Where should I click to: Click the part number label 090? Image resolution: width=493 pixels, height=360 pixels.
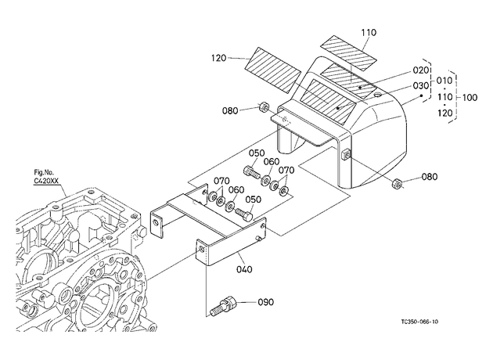click(266, 302)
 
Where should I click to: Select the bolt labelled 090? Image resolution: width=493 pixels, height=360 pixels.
click(224, 306)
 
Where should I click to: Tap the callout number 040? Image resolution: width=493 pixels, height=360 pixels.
click(244, 269)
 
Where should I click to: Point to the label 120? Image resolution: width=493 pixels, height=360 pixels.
click(218, 58)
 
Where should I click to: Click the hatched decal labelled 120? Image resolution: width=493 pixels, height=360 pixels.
click(273, 70)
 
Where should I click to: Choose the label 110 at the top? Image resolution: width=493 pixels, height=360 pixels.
click(369, 33)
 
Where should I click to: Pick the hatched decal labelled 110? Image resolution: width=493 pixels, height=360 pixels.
click(348, 52)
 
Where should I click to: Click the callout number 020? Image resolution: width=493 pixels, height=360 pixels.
click(421, 70)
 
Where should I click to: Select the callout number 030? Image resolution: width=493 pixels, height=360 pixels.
click(421, 86)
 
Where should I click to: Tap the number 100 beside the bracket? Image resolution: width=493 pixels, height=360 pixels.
click(470, 98)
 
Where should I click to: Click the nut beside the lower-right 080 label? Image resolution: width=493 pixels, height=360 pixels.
click(397, 183)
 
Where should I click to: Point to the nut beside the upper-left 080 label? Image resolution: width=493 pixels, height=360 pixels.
click(264, 107)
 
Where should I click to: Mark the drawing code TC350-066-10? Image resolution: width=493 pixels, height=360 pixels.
click(419, 322)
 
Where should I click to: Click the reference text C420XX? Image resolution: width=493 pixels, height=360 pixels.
click(46, 181)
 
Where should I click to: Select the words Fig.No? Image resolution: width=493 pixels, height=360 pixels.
click(44, 172)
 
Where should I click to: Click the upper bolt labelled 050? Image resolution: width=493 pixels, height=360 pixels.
click(252, 172)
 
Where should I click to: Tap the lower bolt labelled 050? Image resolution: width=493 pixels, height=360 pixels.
click(244, 214)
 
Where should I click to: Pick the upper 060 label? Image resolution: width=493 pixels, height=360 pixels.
click(272, 161)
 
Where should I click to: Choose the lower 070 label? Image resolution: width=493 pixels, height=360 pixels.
click(221, 182)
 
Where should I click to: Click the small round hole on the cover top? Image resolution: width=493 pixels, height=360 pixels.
click(378, 95)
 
